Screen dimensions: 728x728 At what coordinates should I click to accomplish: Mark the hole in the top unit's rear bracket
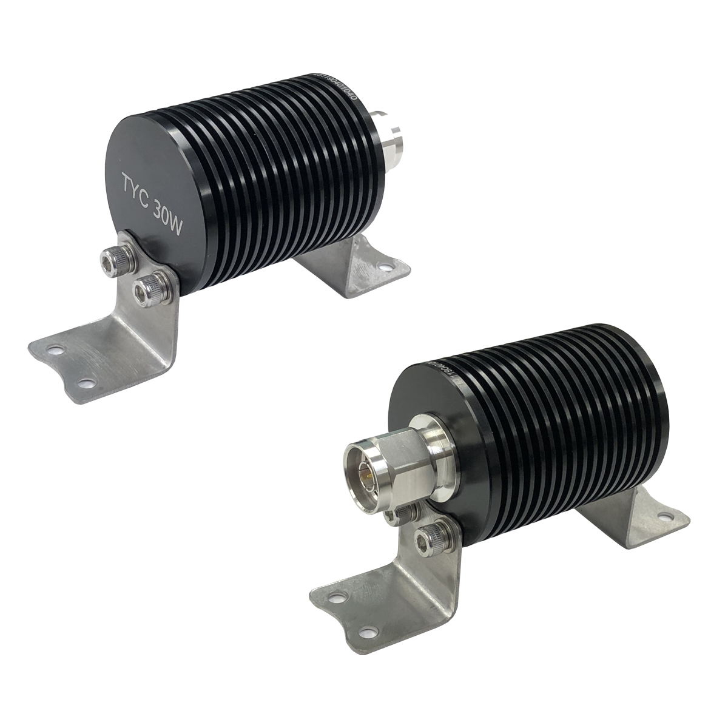click(x=383, y=266)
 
